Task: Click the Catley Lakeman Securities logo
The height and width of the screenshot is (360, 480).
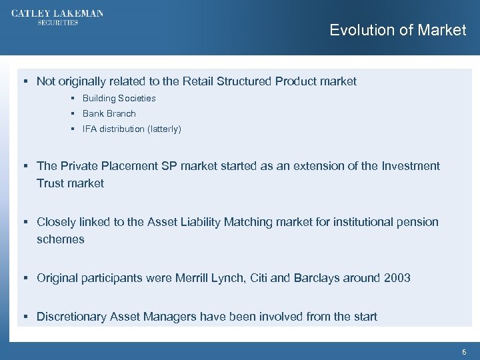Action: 57,17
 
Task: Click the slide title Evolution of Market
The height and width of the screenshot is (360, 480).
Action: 397,30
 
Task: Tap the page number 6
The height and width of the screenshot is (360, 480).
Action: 464,351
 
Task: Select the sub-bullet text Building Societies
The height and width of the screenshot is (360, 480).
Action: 119,98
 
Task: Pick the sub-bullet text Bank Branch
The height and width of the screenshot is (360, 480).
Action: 109,113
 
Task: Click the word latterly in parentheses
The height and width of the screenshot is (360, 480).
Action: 161,129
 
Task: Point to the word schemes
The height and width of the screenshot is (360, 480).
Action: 61,239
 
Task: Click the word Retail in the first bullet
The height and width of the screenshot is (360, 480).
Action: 197,81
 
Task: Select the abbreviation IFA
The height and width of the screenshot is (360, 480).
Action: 89,129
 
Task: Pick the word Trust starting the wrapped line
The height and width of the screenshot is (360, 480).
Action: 52,183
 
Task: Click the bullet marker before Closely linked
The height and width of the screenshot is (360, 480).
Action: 24,221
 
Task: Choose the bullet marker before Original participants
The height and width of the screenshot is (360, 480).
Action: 24,277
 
